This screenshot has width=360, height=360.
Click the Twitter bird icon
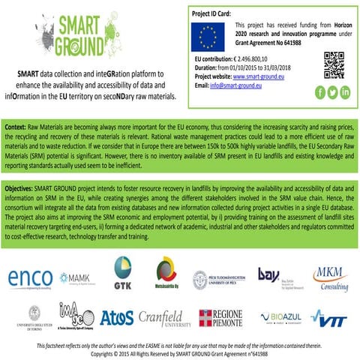[x=332, y=92]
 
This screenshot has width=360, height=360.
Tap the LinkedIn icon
[x=346, y=92]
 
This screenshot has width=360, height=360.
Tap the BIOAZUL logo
[x=283, y=319]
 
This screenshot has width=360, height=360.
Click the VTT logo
[x=331, y=319]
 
